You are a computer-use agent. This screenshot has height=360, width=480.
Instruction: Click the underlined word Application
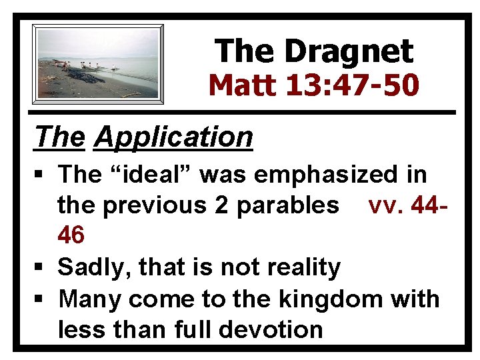[x=173, y=137]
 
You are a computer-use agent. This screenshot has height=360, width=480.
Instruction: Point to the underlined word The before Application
[x=61, y=137]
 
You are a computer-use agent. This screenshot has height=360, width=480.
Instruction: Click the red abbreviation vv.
[x=383, y=205]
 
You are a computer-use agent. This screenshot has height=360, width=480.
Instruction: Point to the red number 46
[x=71, y=235]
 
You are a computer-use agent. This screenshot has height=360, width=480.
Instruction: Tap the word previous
[x=157, y=205]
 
